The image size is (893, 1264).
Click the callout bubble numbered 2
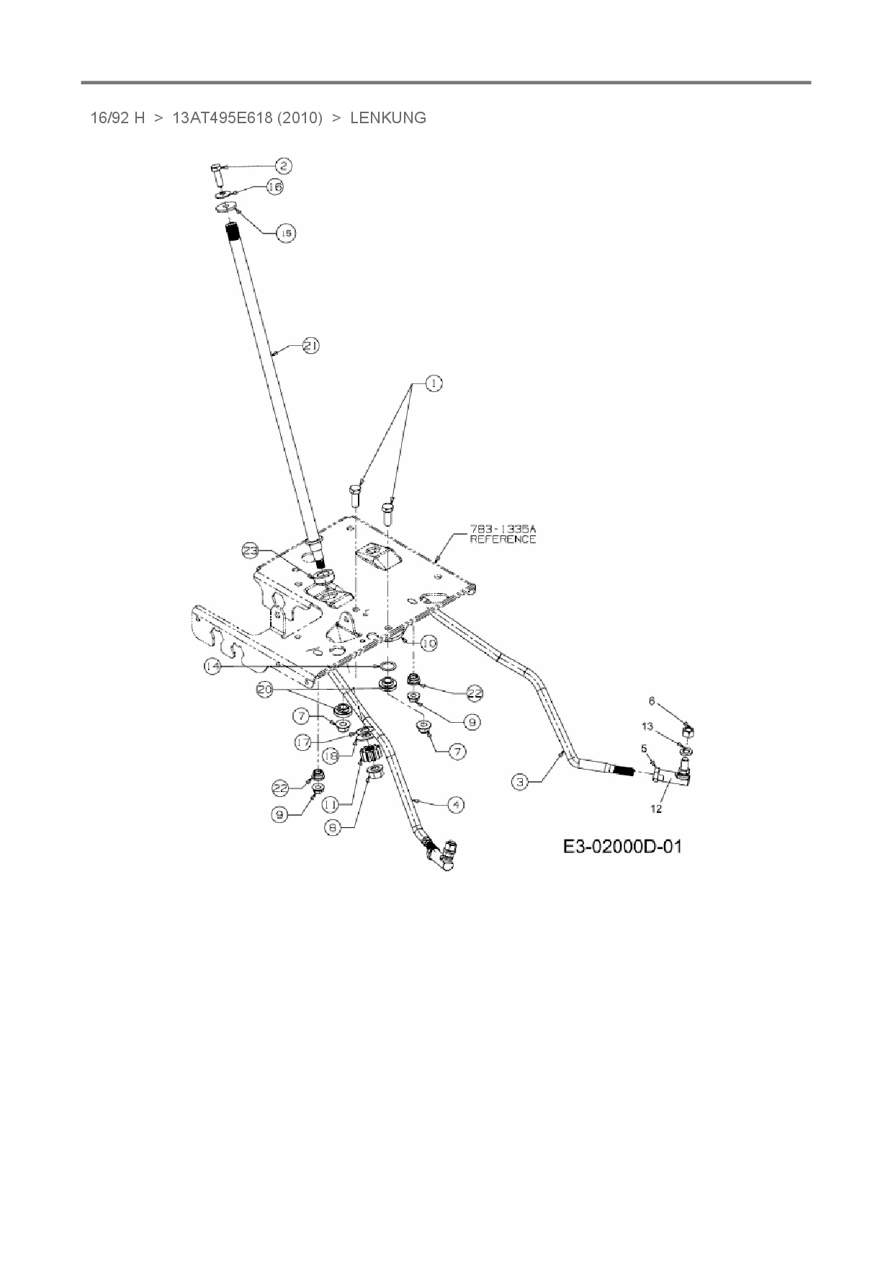click(x=282, y=166)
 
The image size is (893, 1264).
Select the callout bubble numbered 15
click(x=286, y=233)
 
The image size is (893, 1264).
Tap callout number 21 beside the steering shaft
click(x=310, y=346)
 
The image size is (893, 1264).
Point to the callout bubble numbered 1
click(x=433, y=384)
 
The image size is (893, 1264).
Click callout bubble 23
click(x=250, y=551)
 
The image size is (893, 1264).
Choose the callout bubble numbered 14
click(x=212, y=667)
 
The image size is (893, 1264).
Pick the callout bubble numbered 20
click(x=266, y=690)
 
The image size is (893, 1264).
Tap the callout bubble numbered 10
click(x=428, y=643)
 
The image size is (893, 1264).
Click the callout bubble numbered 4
click(x=455, y=805)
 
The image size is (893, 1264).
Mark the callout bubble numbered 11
click(x=331, y=804)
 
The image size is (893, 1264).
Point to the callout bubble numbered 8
click(x=333, y=829)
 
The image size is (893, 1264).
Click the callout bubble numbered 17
click(x=302, y=741)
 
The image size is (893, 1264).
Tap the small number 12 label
click(x=656, y=809)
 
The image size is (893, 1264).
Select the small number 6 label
click(x=652, y=700)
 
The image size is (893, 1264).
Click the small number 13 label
click(x=647, y=726)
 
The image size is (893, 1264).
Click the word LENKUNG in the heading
click(x=388, y=118)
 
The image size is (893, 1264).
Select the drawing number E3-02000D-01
click(x=622, y=846)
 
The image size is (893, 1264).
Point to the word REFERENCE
click(x=503, y=539)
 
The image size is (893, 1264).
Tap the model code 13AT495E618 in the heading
click(x=223, y=118)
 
